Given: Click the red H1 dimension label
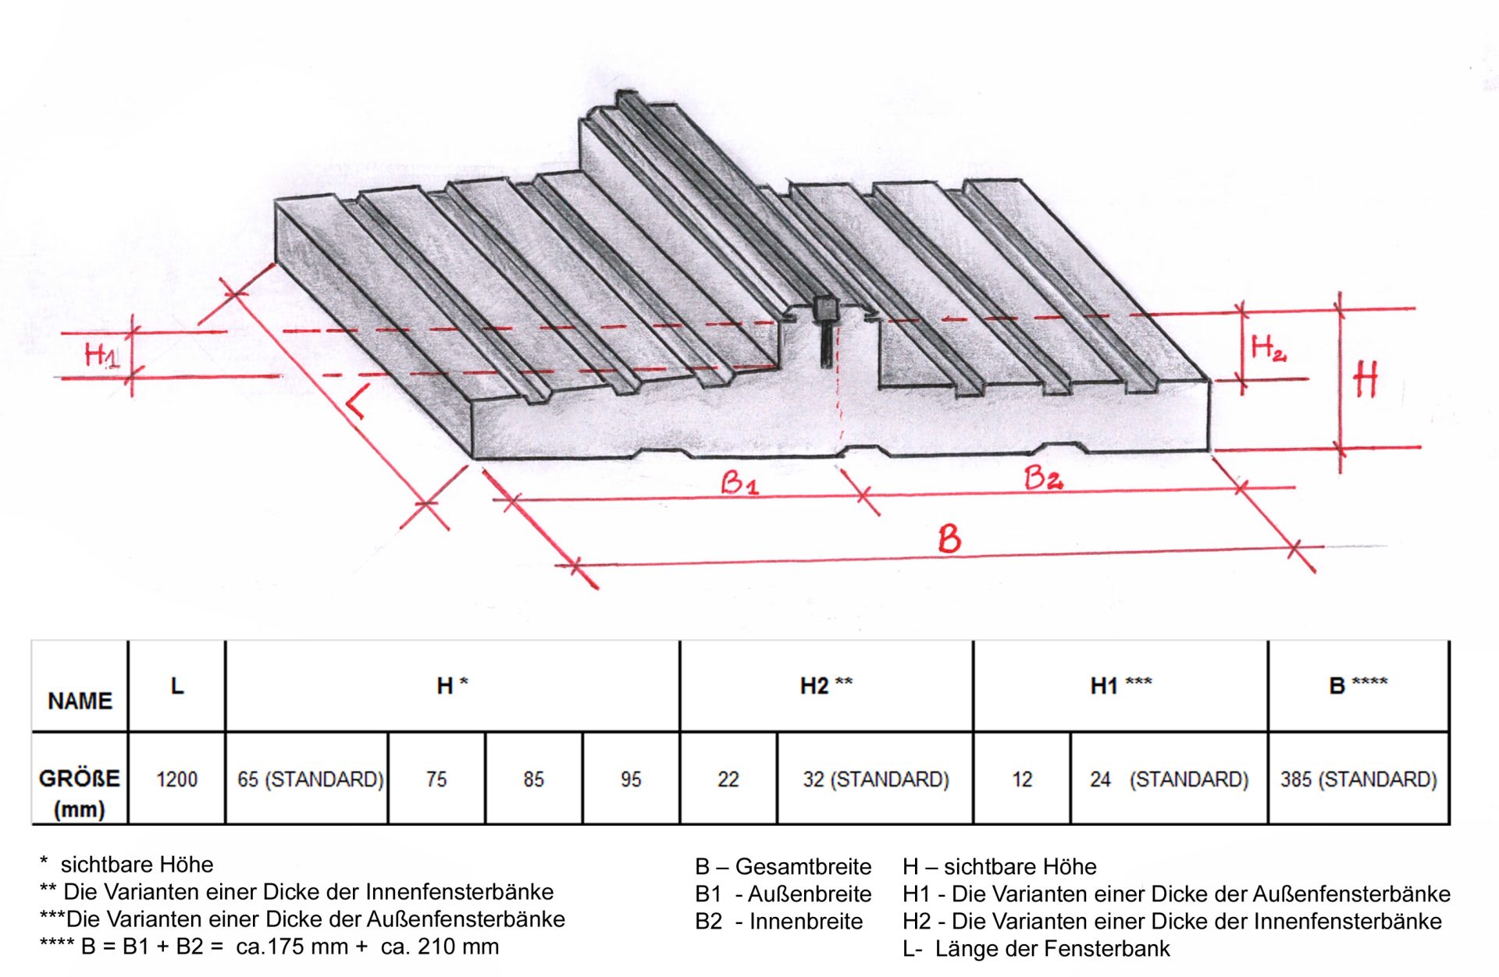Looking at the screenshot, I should [x=101, y=355].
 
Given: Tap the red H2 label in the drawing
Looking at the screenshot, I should [x=1267, y=348].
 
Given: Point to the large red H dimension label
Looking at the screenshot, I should [x=1366, y=380].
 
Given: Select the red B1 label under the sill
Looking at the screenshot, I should [x=739, y=483].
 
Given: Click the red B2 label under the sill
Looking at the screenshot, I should [x=1043, y=477].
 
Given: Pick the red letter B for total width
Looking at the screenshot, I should [x=949, y=539].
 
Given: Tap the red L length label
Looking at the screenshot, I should [x=355, y=404].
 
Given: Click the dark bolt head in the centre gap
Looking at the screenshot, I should [x=824, y=307].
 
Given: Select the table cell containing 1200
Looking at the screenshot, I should [x=176, y=779].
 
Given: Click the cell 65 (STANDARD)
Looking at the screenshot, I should [x=310, y=779].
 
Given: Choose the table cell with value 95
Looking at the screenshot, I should [x=631, y=779].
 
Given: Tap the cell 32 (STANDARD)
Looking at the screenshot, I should [x=875, y=779].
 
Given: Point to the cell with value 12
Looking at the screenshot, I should [x=1022, y=779].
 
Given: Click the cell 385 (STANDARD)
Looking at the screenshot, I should [x=1358, y=779].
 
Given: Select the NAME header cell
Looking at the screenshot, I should [x=80, y=700].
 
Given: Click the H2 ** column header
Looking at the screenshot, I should [x=826, y=685].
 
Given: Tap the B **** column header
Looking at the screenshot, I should [x=1358, y=685].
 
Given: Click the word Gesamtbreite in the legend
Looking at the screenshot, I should [x=803, y=867].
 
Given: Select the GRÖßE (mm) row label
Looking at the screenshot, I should [x=79, y=792].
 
